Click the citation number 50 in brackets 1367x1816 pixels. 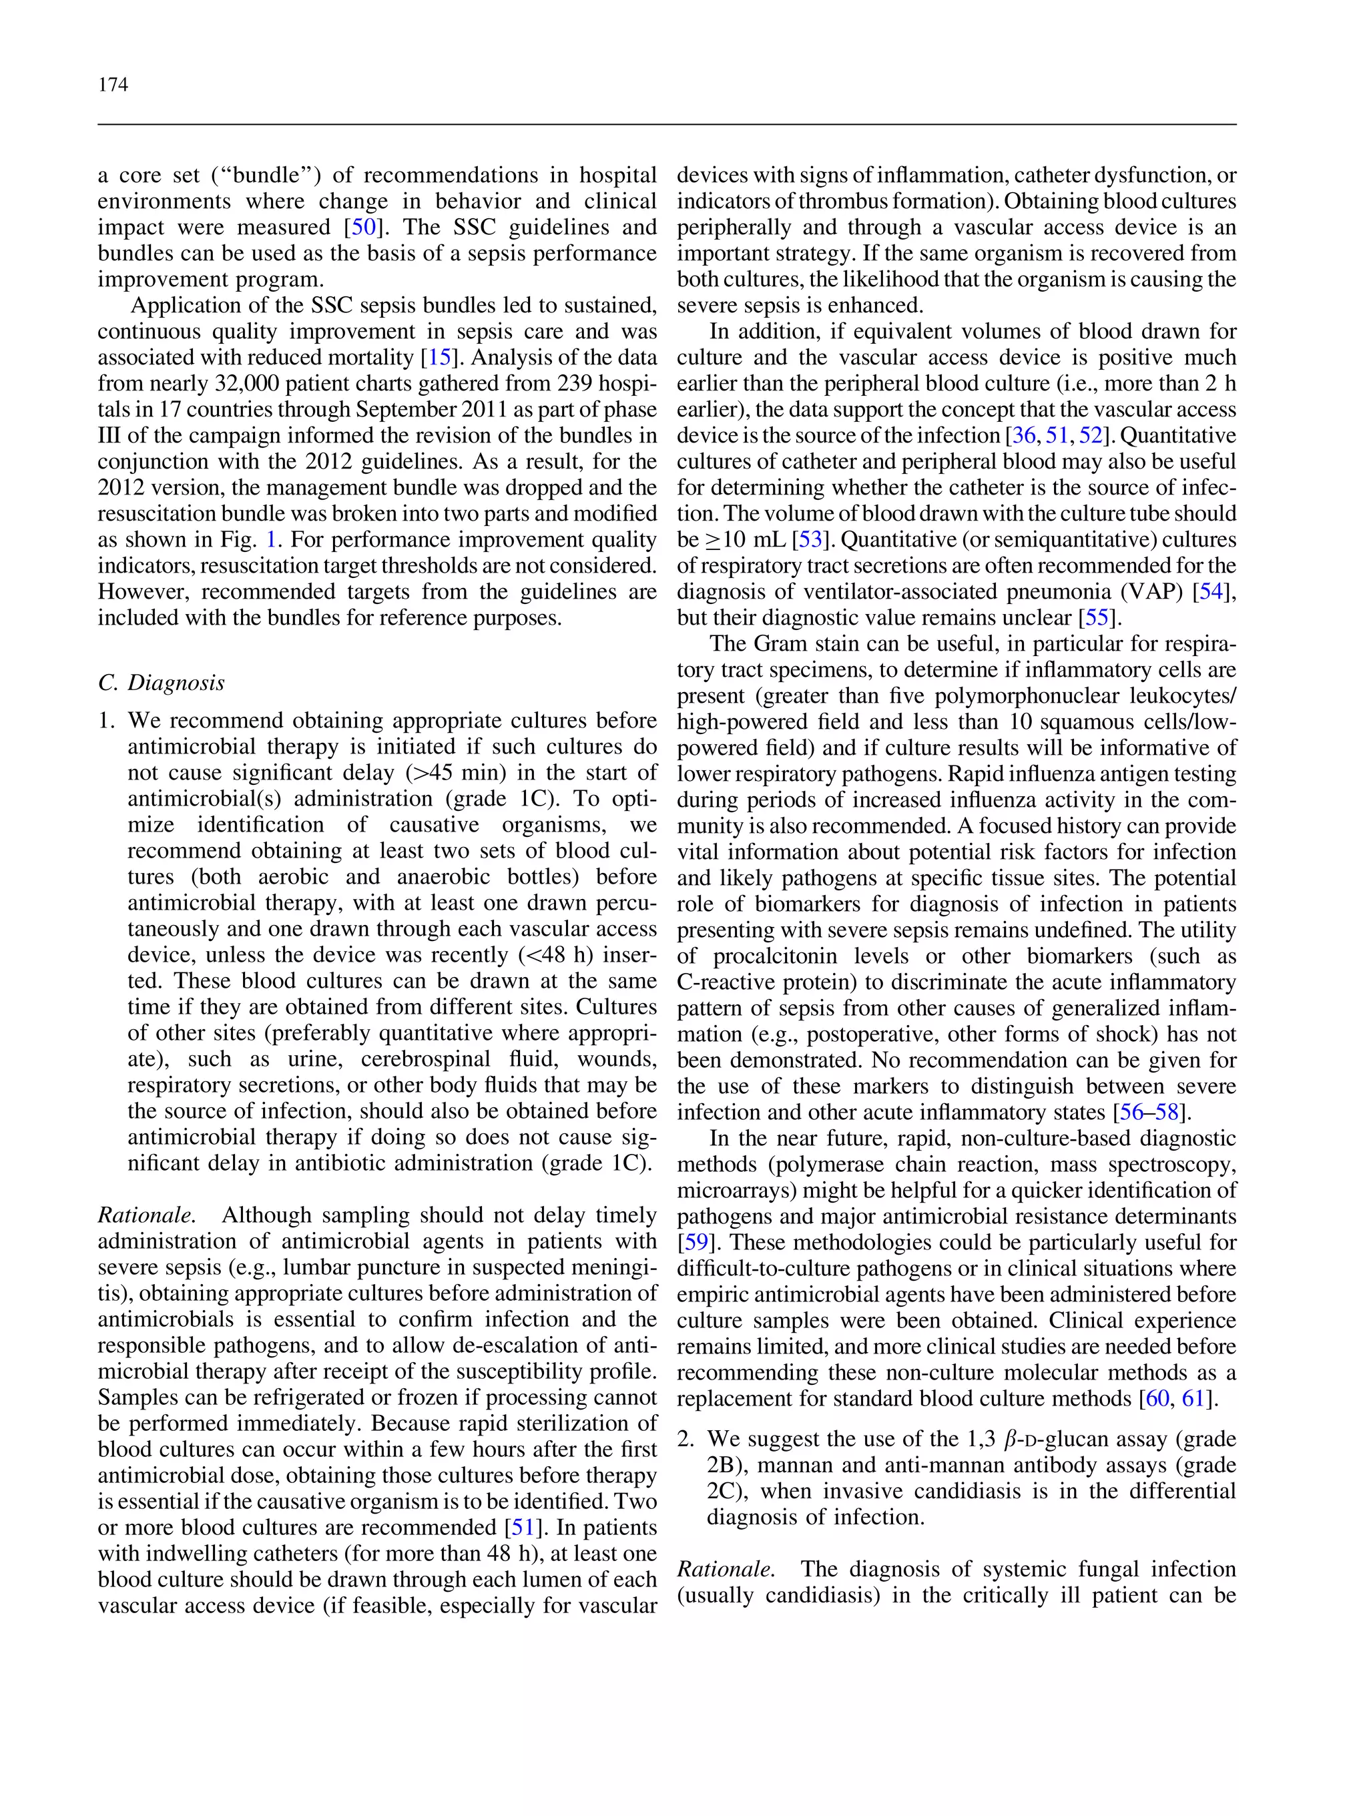[363, 228]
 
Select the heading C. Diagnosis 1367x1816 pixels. [161, 683]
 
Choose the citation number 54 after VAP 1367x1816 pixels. [1211, 592]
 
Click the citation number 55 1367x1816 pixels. [1097, 618]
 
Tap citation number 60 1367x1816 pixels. [1157, 1399]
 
